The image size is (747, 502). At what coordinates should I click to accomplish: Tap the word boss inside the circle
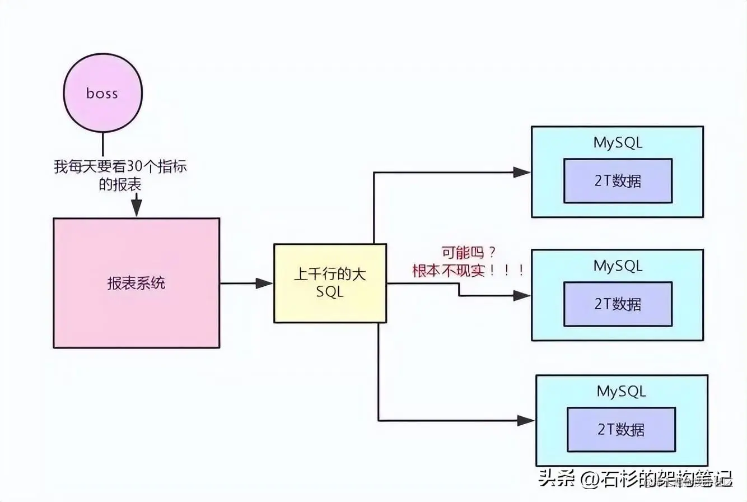click(x=102, y=93)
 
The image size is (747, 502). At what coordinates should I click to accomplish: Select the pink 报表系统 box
click(x=136, y=283)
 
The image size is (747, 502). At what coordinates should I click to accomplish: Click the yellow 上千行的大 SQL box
click(x=330, y=283)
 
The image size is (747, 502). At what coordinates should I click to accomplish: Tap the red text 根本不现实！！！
click(x=469, y=271)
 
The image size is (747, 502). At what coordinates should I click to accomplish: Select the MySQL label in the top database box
click(x=618, y=142)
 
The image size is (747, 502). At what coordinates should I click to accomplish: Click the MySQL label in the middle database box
click(x=618, y=266)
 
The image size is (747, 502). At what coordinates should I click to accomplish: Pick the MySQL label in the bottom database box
click(x=621, y=391)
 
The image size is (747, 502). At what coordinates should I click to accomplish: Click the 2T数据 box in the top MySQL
click(x=618, y=180)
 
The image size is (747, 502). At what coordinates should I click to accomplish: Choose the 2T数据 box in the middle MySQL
click(x=618, y=304)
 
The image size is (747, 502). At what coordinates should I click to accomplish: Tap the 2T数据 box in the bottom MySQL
click(x=621, y=429)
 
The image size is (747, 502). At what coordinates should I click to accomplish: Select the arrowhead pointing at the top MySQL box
click(x=521, y=173)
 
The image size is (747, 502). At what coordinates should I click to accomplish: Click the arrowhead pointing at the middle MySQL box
click(x=521, y=296)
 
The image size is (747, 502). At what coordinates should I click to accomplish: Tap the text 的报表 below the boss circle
click(x=119, y=185)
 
